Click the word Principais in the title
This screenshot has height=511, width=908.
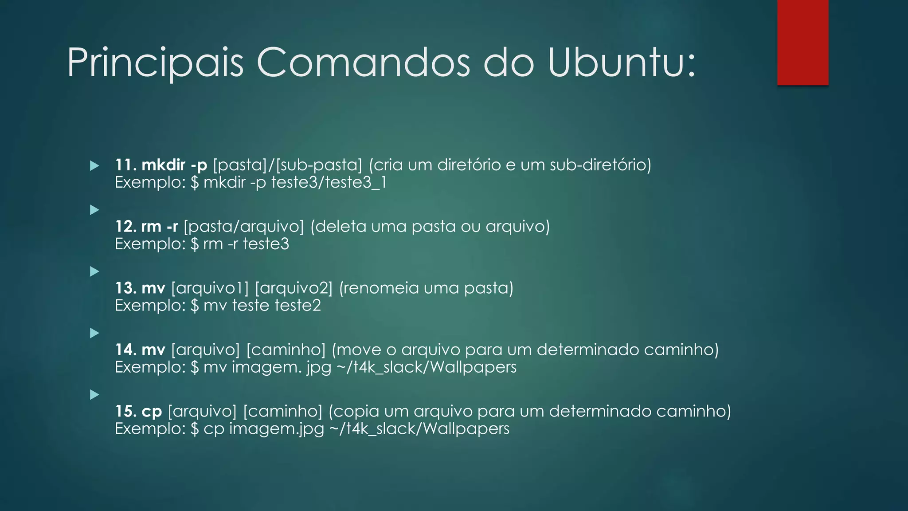(x=155, y=63)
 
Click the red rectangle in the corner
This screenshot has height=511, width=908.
(x=802, y=42)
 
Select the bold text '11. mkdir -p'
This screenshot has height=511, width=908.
(x=161, y=165)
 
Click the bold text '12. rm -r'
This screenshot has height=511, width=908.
(x=146, y=227)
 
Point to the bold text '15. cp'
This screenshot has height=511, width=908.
(x=138, y=411)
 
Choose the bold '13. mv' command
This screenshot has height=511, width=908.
(x=140, y=288)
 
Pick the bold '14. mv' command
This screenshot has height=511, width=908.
(x=140, y=350)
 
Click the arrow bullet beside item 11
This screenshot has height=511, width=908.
(x=94, y=166)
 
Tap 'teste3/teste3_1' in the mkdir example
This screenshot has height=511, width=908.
(x=329, y=182)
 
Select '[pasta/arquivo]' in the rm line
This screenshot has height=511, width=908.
(x=244, y=227)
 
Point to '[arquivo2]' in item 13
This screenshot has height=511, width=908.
(x=294, y=288)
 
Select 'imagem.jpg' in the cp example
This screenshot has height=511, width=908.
(x=277, y=429)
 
